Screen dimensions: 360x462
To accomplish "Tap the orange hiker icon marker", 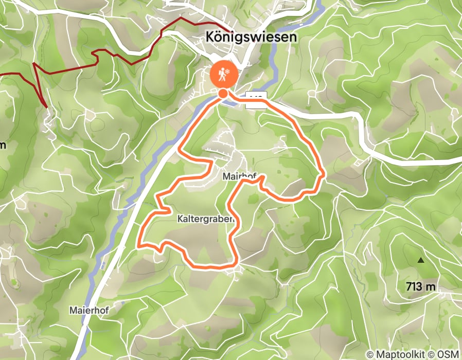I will pos(224,75).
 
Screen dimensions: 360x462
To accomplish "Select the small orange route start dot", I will pos(223,93).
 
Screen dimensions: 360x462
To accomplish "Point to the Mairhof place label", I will pos(239,176).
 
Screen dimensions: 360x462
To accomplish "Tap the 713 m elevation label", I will pos(420,286).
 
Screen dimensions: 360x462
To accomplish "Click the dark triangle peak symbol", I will pos(421,260).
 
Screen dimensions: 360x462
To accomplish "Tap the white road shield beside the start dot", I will pos(255,99).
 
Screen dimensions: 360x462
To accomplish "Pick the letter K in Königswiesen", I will pos(209,37).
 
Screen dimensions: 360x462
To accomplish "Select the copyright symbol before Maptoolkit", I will pos(369,354).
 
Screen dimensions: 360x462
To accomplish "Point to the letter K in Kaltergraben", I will pos(180,219).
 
